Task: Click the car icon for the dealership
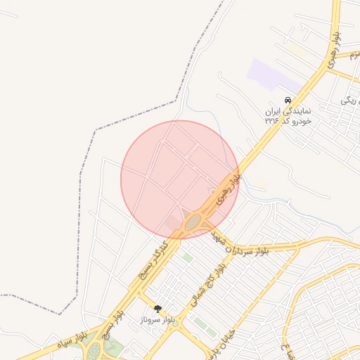click(288, 101)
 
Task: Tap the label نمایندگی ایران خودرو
click(288, 111)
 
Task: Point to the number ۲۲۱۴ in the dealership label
click(272, 120)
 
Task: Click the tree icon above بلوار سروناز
click(157, 308)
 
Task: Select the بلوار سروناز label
click(157, 319)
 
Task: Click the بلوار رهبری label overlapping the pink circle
click(227, 187)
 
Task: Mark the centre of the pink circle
click(180, 179)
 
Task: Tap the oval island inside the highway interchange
click(193, 222)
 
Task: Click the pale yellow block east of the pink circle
click(262, 184)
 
